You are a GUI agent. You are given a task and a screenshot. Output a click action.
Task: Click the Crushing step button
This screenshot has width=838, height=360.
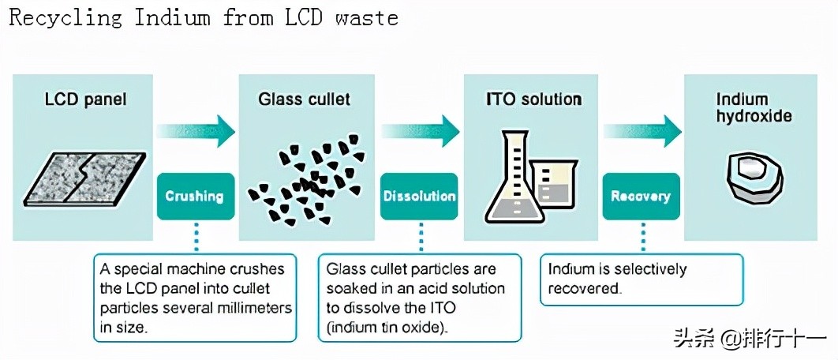(195, 196)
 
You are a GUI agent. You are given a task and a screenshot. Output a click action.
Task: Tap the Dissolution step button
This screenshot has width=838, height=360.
(419, 196)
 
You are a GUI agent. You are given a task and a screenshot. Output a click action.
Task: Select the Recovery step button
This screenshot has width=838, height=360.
(640, 196)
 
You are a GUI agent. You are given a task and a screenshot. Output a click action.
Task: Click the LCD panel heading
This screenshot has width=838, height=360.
(85, 100)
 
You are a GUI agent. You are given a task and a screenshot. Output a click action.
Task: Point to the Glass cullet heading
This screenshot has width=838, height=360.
(305, 100)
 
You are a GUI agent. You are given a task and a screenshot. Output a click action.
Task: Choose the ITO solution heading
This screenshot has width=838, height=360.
(533, 100)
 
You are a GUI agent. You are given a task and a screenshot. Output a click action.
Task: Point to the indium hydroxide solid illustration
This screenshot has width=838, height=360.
(754, 176)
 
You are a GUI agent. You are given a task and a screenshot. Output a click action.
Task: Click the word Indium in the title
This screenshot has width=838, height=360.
(173, 17)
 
